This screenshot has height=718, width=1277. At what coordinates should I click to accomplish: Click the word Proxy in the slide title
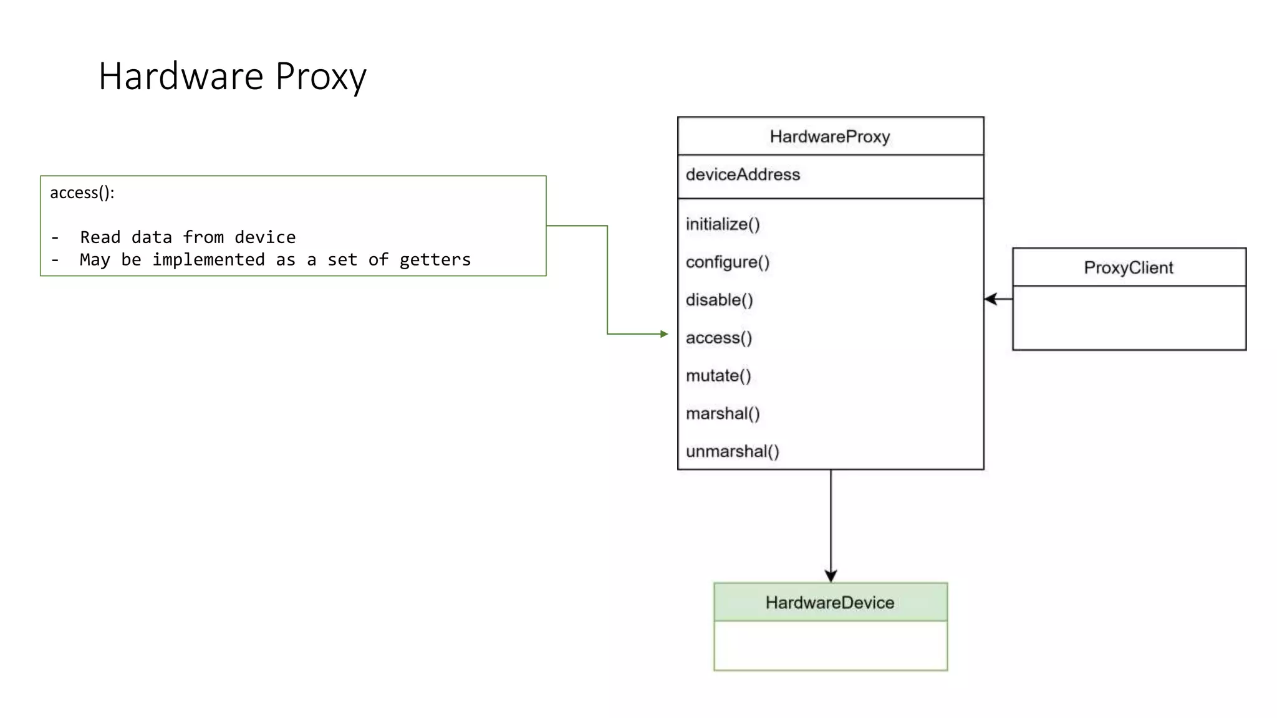[320, 77]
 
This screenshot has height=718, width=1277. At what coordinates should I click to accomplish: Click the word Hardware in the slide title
[181, 77]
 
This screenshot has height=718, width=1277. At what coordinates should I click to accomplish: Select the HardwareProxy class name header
[830, 136]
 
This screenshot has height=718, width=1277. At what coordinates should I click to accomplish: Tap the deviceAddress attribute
[743, 175]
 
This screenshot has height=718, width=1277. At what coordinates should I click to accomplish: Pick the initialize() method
[723, 224]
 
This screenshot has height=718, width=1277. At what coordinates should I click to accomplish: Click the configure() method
[728, 262]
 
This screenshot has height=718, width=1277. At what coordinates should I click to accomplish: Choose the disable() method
[720, 300]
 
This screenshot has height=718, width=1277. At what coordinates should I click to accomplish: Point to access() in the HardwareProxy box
[719, 338]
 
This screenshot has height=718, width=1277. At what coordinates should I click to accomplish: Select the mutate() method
[718, 376]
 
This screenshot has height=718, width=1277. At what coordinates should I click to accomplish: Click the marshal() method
[723, 414]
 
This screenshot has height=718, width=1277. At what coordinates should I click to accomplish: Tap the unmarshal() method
[733, 451]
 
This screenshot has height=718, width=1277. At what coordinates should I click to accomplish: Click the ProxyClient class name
[1129, 268]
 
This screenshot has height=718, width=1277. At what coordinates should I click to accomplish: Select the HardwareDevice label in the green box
[830, 603]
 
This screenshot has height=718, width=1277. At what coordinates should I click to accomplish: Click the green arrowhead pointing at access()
[664, 334]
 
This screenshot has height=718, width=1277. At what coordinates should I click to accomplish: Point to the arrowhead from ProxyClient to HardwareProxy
[990, 299]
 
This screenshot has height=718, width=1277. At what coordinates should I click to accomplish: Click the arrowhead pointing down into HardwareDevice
[831, 576]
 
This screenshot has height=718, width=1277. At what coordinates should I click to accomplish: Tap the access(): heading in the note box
[82, 193]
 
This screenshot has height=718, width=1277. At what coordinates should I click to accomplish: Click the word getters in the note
[435, 260]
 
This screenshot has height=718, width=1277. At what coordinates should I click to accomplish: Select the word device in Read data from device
[265, 237]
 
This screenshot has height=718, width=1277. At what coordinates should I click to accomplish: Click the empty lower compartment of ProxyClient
[1129, 318]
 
